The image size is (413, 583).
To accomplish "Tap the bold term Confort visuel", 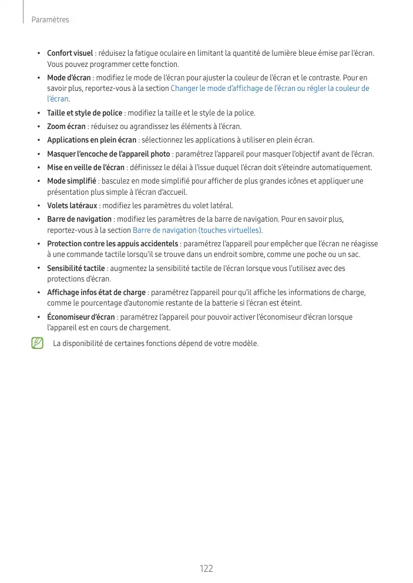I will tap(70, 53).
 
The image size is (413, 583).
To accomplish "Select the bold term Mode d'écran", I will tap(69, 78).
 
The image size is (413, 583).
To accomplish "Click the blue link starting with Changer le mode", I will tap(269, 89).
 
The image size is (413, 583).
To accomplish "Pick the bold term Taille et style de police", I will tap(85, 113).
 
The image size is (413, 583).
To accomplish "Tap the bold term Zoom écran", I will tap(66, 126).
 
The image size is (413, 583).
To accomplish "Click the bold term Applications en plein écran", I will tap(92, 140).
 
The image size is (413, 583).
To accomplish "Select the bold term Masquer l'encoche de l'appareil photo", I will tap(109, 154).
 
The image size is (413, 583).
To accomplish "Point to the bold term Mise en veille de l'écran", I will tap(86, 168).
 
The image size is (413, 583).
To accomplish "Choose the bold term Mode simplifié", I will tap(72, 181).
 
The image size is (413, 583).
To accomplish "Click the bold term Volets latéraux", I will tap(72, 205).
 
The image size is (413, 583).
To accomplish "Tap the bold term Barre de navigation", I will tap(79, 219).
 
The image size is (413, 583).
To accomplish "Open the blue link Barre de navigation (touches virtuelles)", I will tap(197, 230).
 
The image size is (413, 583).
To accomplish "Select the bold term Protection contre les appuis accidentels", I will tap(113, 243).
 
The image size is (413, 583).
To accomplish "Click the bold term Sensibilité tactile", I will tap(76, 268).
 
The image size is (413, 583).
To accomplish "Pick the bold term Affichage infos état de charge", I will tap(96, 292).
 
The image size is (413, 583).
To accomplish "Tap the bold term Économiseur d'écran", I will tap(81, 317).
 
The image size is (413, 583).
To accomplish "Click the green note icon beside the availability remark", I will tap(38, 343).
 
